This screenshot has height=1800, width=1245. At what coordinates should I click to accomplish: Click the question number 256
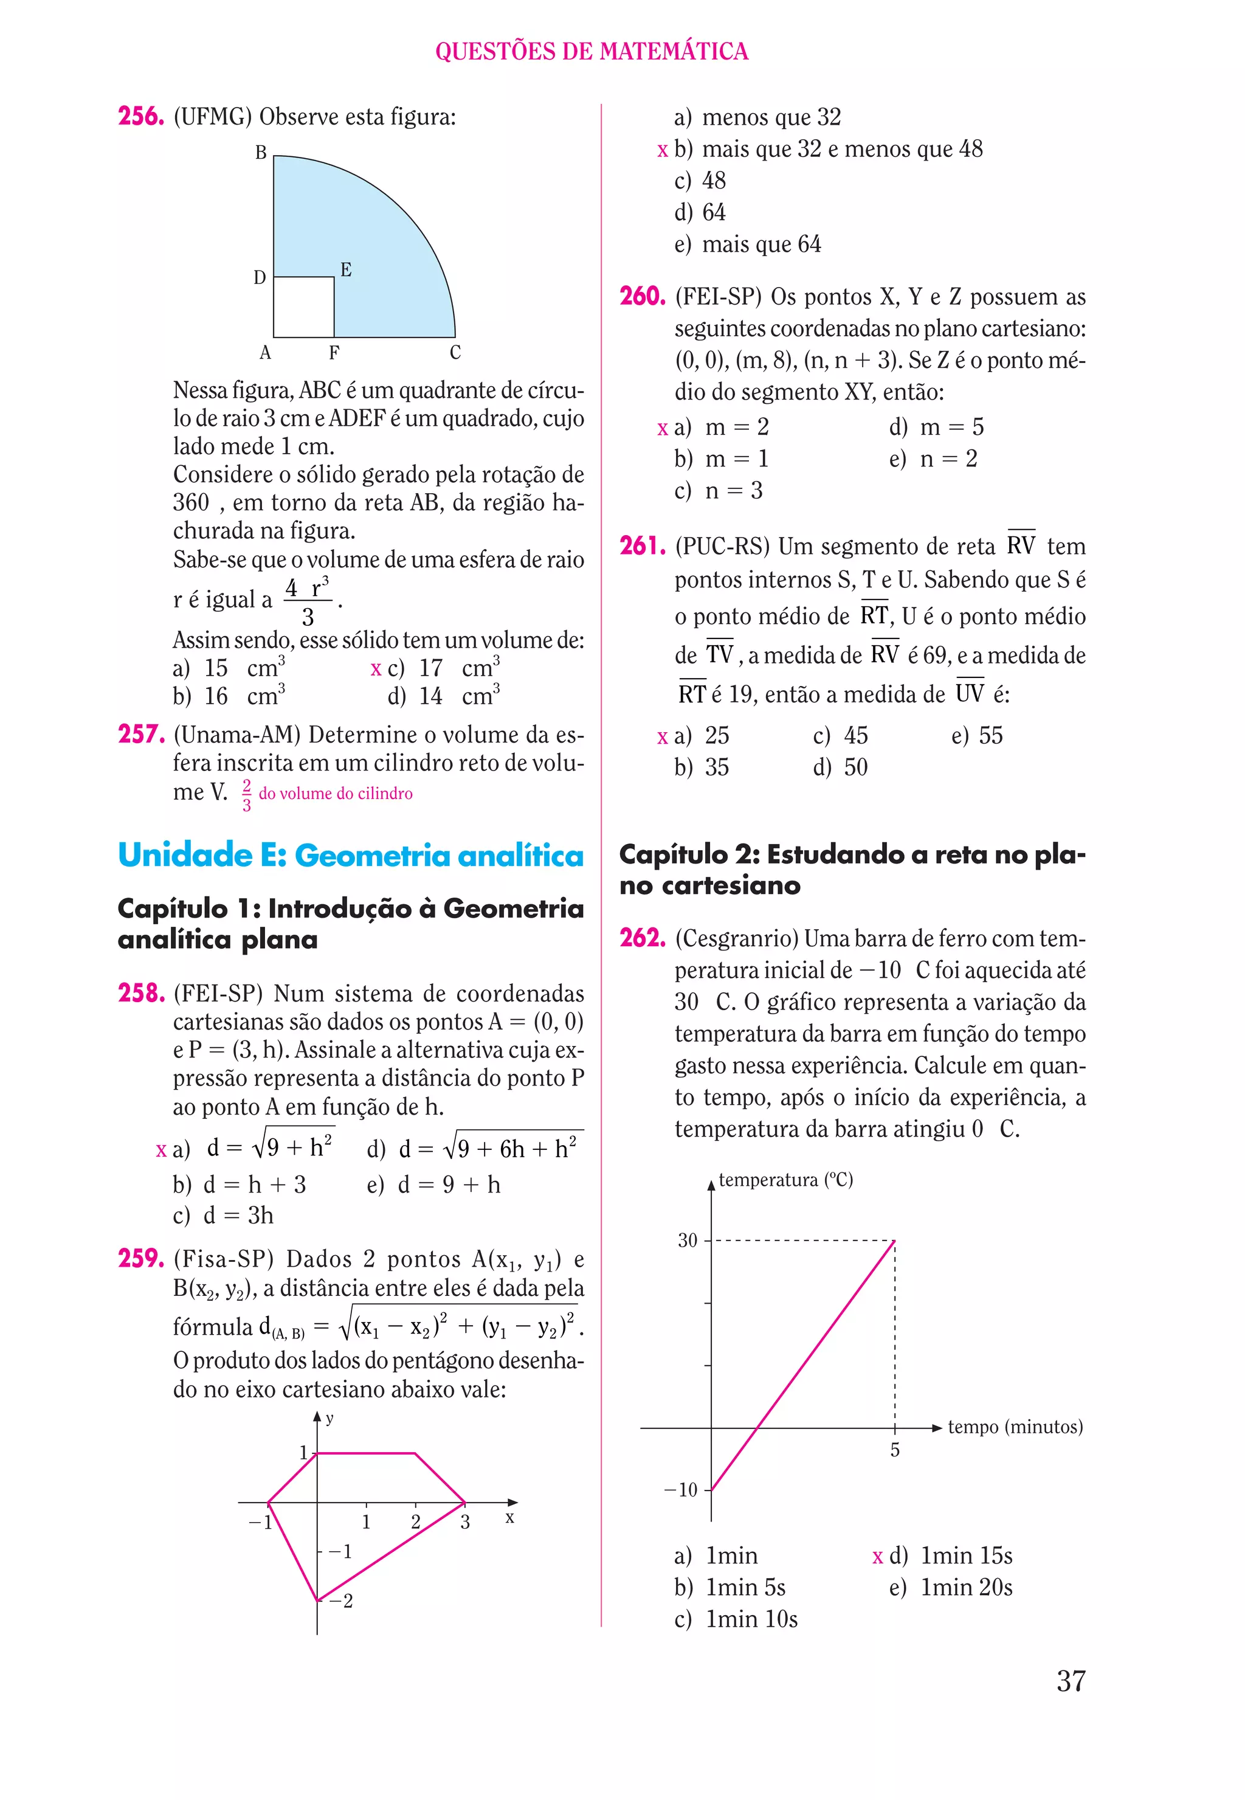(140, 116)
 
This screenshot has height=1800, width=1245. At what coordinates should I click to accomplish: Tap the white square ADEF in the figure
(303, 308)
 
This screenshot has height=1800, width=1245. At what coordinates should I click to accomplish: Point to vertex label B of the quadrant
(261, 153)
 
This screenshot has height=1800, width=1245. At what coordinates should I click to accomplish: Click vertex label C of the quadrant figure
(455, 353)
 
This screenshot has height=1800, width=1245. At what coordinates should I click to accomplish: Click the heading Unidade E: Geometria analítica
(350, 855)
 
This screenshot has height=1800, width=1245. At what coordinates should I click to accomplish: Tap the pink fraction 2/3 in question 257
(246, 795)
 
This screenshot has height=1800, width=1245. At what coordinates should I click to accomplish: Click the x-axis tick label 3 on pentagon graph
(465, 1522)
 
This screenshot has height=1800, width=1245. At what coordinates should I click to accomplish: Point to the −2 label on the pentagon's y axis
(341, 1601)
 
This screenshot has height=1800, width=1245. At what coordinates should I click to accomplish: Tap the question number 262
(642, 938)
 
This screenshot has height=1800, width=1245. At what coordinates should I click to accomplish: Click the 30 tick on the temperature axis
(688, 1241)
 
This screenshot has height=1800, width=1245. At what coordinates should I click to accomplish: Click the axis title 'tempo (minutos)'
(1015, 1427)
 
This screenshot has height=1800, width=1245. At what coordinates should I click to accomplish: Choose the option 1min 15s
(966, 1556)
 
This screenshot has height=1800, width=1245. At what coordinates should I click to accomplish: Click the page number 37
(1071, 1681)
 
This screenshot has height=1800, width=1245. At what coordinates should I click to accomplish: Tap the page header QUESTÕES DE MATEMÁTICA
(591, 52)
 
